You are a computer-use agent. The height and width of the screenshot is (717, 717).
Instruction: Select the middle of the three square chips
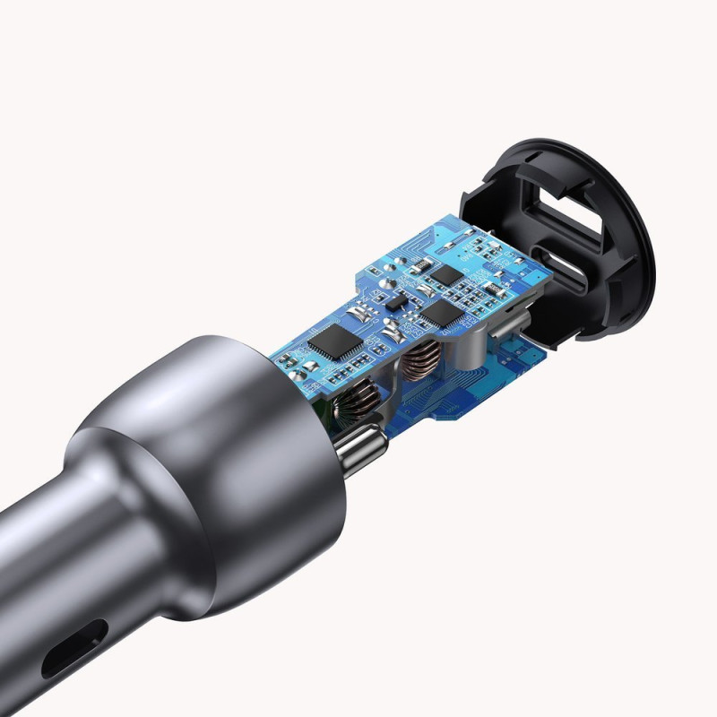pos(442,311)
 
